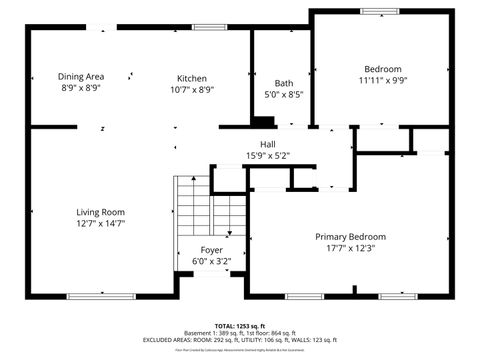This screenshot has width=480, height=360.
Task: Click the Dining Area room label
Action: pos(81,77)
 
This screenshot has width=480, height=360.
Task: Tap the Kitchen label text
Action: pos(192,78)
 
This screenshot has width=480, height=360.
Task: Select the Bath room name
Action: pos(283,83)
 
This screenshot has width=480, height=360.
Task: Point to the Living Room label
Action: pos(100,212)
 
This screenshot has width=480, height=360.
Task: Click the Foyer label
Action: pos(211,250)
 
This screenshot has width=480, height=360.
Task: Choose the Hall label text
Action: pos(268,145)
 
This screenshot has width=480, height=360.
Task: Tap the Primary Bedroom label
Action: pos(350,237)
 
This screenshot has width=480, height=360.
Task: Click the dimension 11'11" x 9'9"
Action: pos(383,81)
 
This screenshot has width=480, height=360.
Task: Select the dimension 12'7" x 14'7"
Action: pos(100,224)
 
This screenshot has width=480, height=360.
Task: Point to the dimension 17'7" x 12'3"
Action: pos(350,249)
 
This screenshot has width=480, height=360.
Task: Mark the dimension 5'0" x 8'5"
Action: pos(283,95)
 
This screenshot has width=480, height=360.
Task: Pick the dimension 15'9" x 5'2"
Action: pos(268,156)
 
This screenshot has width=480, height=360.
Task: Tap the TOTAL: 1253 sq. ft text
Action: pos(240,326)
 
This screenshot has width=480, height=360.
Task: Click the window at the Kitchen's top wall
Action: pos(208,26)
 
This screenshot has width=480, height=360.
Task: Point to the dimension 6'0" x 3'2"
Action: pos(211,262)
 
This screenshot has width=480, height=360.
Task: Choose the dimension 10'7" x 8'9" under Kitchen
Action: pos(192,90)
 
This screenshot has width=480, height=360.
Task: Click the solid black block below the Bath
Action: pos(262,123)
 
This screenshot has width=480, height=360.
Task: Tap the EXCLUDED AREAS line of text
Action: pos(240,340)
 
